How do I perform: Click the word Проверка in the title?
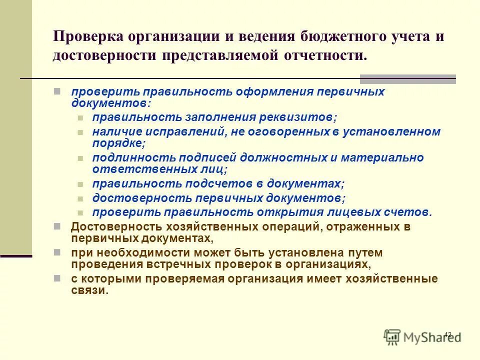point(87,37)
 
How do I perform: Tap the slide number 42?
point(447,334)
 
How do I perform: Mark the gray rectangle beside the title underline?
point(407,78)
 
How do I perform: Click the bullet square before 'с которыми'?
point(57,278)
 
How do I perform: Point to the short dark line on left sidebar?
point(16,256)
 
